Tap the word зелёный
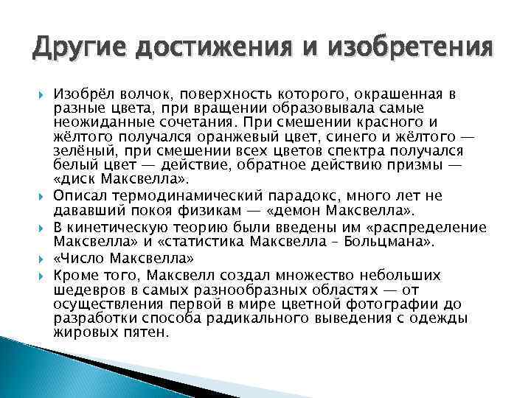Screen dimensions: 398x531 (82, 147)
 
